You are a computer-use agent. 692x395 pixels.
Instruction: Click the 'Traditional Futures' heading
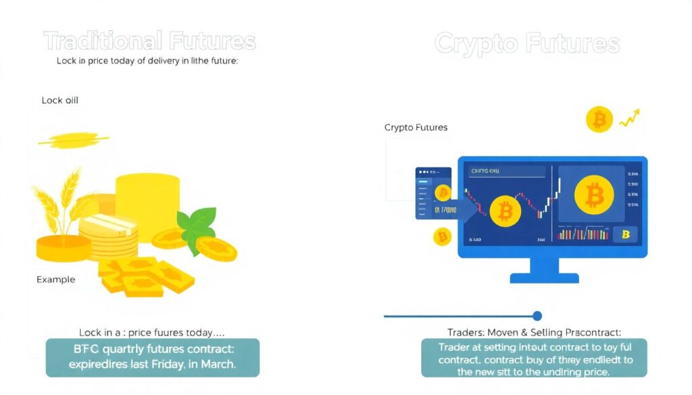pos(149,42)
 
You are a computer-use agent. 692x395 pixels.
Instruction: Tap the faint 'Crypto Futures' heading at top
pos(526,45)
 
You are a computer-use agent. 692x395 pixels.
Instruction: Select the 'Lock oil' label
pos(59,101)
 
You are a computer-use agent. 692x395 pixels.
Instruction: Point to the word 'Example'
pos(55,279)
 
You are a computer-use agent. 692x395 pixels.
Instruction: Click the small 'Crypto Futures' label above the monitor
pos(416,127)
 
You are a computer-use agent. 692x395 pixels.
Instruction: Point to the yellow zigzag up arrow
pos(630,118)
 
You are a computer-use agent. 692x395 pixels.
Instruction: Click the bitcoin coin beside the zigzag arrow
pos(599,120)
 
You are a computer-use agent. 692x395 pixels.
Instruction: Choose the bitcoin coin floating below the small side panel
pos(443,237)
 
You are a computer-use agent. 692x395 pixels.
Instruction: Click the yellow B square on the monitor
pos(625,234)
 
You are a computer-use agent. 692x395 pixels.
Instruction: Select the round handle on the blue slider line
pos(537,316)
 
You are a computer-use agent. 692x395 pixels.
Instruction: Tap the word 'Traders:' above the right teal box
pos(466,332)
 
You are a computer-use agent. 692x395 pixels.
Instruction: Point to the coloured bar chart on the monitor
pos(584,234)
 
